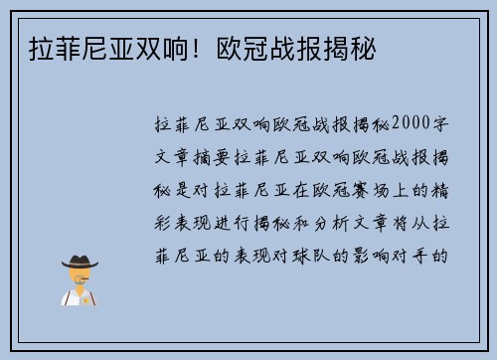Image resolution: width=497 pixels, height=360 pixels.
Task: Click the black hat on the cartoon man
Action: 80,262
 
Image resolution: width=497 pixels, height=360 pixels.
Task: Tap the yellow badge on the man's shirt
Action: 86,296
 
